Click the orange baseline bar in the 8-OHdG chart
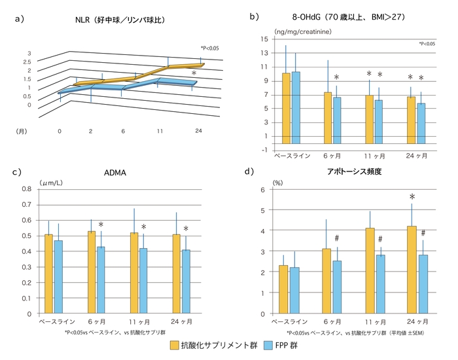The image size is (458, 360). (x=286, y=107)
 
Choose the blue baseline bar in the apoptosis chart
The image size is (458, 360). (x=295, y=290)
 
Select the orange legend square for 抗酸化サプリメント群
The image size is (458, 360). (x=175, y=345)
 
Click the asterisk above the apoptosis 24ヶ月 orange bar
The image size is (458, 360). (x=412, y=197)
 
